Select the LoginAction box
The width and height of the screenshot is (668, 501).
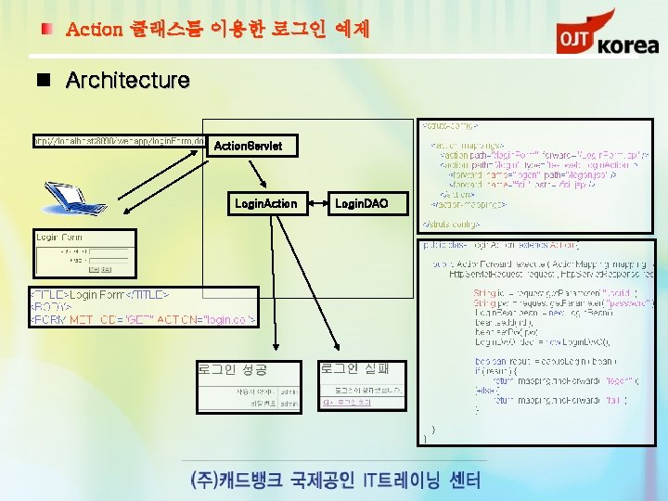pos(266,203)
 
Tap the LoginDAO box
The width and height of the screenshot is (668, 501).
pos(361,203)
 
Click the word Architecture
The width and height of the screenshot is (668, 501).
pos(127,81)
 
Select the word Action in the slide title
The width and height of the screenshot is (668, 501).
pos(94,30)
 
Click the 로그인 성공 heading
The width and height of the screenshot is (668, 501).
pos(231,369)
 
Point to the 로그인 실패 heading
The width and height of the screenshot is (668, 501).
pos(355,368)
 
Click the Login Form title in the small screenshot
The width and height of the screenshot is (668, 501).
pos(59,238)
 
